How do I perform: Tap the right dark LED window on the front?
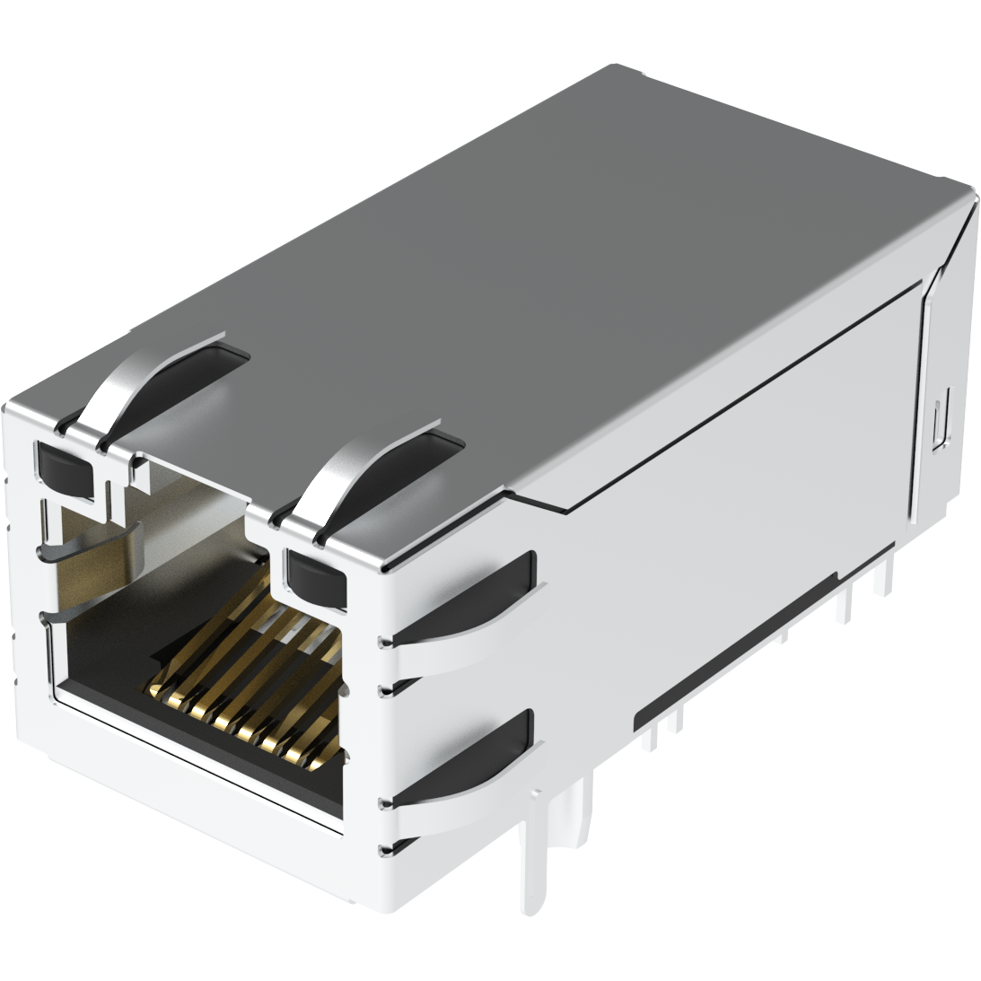click(313, 575)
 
